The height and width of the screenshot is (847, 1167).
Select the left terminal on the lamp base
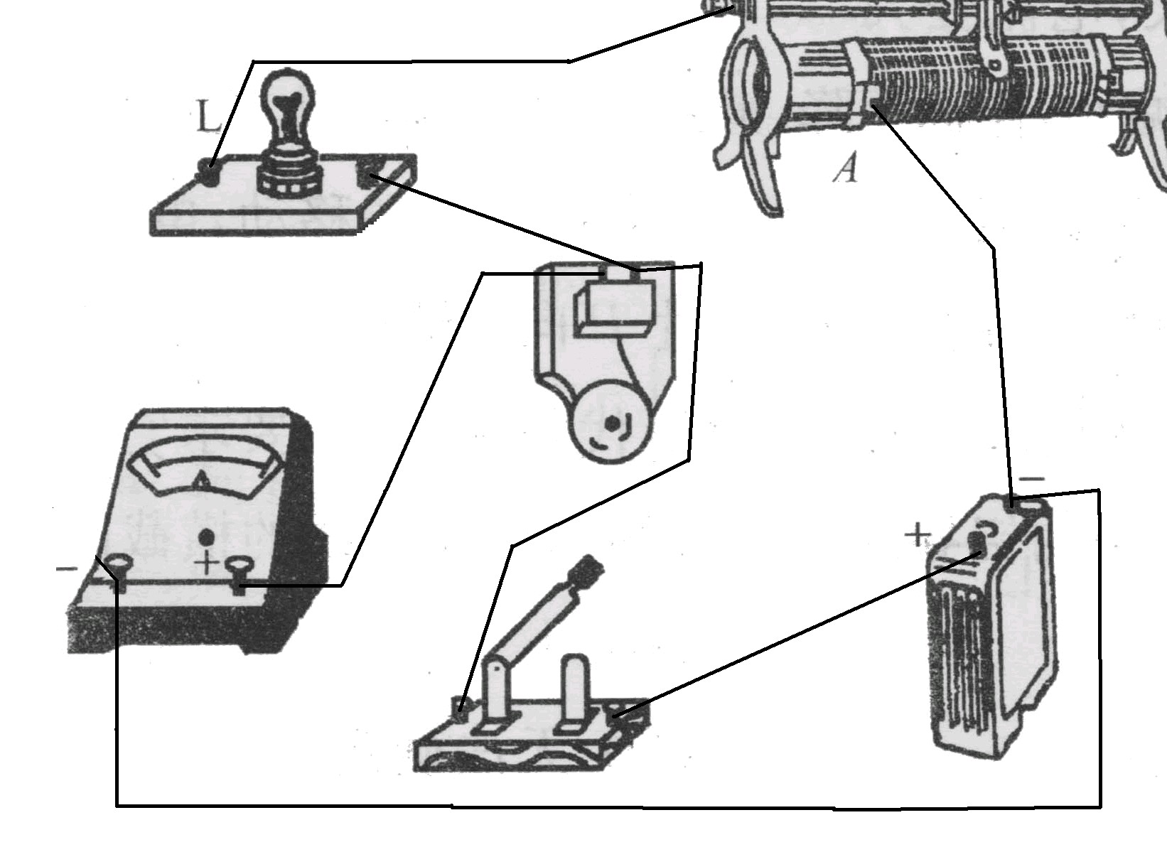click(208, 171)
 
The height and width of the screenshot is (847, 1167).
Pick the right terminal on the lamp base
click(370, 173)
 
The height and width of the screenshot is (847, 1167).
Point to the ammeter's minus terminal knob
click(119, 565)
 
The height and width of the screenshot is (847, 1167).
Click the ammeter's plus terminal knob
click(240, 566)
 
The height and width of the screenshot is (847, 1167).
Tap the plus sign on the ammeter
click(207, 563)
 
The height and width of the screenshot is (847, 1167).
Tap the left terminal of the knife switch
click(462, 706)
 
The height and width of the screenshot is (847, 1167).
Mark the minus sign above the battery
click(1031, 480)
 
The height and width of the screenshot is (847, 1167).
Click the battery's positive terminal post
click(977, 544)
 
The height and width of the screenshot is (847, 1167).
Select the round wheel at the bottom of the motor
click(610, 425)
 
